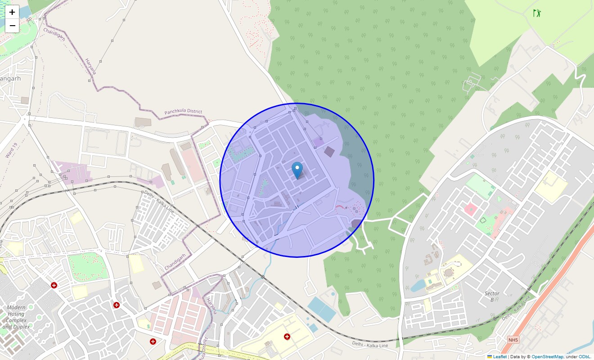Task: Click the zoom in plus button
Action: pos(12,12)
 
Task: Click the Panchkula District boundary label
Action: pos(183,112)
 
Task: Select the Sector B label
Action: pos(492,297)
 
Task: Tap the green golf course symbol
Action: pos(536,13)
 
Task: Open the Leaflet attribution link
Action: pos(499,357)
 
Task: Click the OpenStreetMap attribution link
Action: pos(547,357)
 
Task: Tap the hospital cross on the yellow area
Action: pos(287,336)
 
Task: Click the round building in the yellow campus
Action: pos(448,273)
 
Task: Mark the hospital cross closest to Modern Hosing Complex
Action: pos(54,285)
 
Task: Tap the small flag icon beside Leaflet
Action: pos(490,357)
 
